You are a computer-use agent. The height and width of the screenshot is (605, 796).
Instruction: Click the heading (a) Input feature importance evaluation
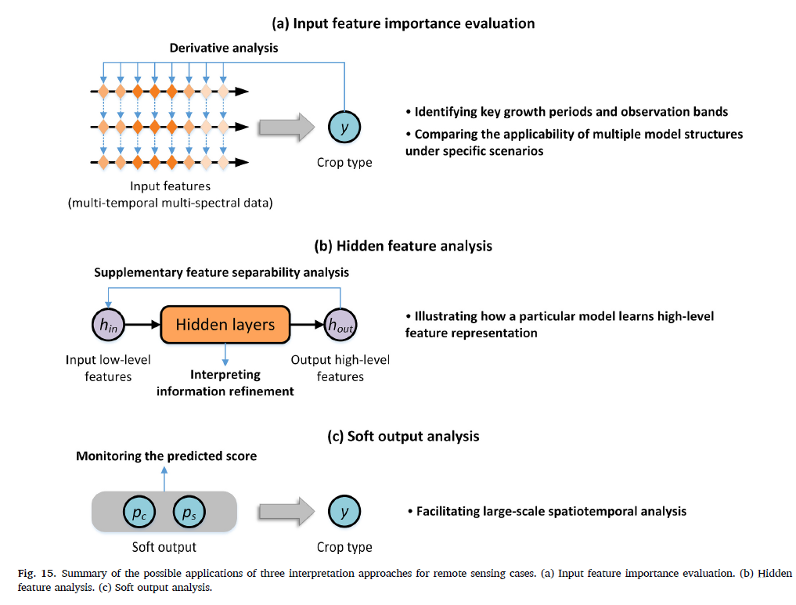point(403,23)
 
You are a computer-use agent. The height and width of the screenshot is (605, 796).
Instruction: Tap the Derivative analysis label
point(224,48)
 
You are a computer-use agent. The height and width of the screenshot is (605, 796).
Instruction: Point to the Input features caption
point(170,186)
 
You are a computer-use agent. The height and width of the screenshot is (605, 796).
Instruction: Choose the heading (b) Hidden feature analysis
point(403,246)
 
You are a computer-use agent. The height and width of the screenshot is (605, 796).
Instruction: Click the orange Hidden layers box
point(225,324)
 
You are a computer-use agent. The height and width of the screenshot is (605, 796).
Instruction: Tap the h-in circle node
point(108,325)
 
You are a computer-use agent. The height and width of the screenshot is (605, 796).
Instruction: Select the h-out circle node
point(340,325)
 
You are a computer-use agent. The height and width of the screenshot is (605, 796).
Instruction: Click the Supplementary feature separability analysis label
point(222,272)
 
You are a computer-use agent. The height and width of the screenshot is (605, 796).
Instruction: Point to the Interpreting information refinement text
point(225,383)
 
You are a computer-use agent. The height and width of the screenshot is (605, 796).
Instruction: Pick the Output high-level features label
point(340,368)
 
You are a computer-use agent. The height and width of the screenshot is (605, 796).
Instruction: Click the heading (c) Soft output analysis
point(403,436)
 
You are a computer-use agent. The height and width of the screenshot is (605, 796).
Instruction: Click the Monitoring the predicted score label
point(166,456)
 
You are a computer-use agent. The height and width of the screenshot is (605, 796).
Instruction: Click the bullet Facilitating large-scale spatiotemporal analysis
point(546,511)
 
